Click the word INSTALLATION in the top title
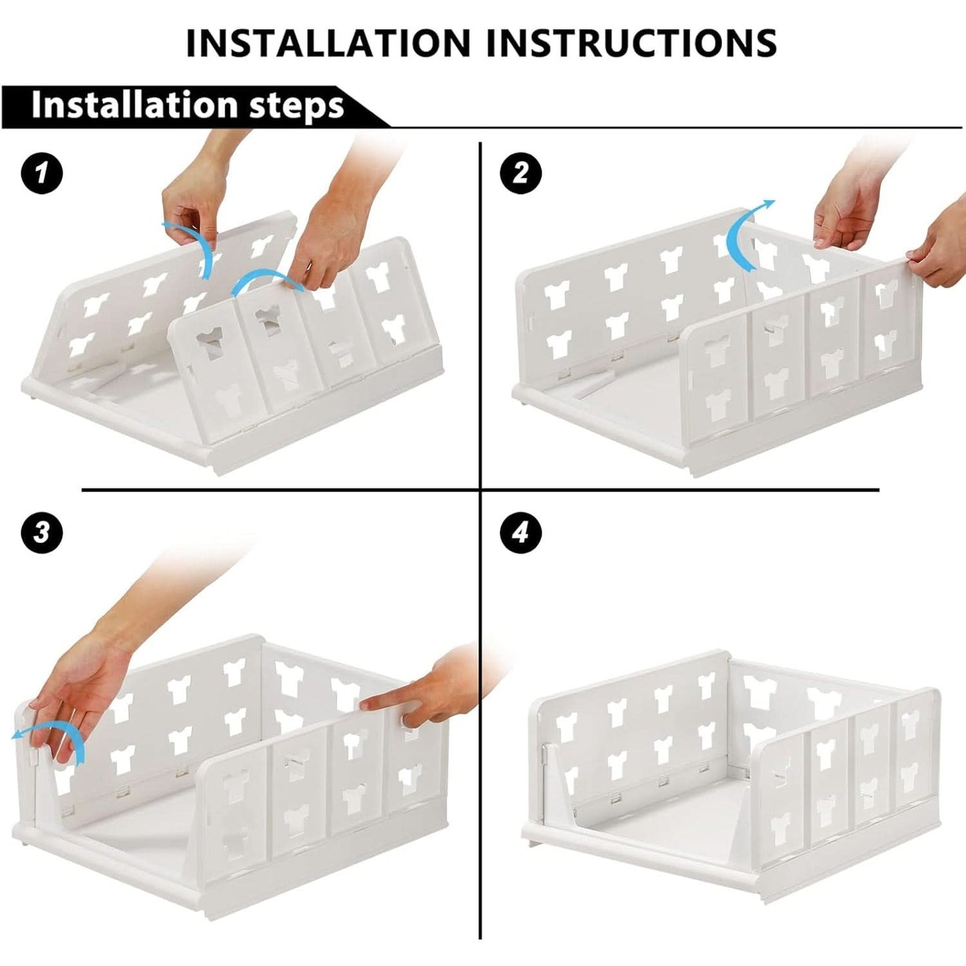pos(328,42)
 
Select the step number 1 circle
pos(41,173)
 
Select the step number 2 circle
pos(521,173)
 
